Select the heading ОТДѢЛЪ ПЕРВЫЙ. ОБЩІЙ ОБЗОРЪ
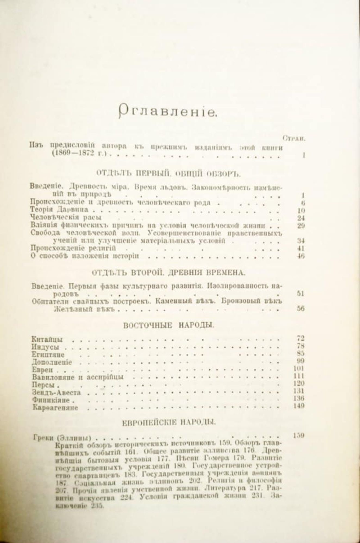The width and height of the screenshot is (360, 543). click(168, 174)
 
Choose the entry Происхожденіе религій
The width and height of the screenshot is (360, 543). click(73, 248)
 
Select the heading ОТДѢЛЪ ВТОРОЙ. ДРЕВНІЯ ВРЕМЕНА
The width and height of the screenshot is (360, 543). click(168, 273)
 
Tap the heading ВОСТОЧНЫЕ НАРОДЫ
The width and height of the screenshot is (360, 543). click(168, 325)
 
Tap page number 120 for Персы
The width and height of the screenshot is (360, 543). click(300, 383)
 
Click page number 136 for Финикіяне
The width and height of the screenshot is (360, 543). click(300, 398)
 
